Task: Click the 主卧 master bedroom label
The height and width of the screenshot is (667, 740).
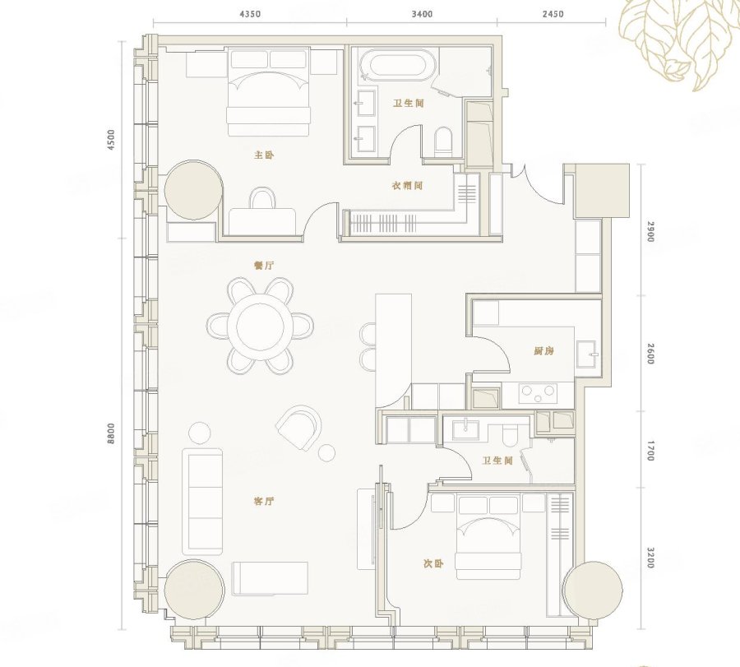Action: pos(264,155)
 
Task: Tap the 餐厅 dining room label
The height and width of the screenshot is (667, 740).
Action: pos(264,266)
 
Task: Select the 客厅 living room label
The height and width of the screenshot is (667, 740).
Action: pos(264,501)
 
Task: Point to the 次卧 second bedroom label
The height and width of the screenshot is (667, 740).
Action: pos(433,563)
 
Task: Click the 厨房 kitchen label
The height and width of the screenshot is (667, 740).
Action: pos(543,350)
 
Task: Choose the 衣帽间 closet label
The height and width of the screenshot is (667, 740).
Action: pos(407,186)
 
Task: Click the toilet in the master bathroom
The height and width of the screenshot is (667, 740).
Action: pos(443,141)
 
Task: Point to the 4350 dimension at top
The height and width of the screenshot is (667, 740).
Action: pos(250,14)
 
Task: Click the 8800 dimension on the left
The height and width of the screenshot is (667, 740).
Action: pos(111,433)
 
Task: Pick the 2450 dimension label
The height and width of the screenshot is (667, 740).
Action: pos(553,14)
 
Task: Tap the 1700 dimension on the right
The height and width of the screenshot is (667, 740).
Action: pos(651,451)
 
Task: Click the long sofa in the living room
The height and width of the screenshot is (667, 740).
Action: pos(203,501)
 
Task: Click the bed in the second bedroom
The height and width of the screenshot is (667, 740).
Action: pos(489,536)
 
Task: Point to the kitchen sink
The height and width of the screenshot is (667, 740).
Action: pos(586,353)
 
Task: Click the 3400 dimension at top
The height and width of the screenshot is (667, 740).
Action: pos(422,14)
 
